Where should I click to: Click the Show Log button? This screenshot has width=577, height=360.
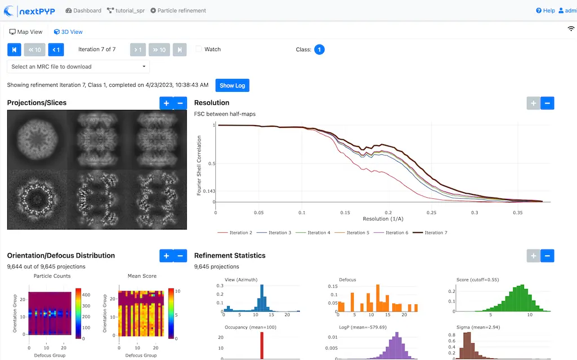coord(232,86)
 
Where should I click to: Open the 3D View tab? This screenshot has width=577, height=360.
coord(68,32)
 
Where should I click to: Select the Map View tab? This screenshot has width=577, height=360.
coord(26,32)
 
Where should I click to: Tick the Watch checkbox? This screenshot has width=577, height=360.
coord(198,49)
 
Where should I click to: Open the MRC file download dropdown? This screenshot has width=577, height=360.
coord(79,66)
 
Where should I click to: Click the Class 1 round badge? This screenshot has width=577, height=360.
coord(319,50)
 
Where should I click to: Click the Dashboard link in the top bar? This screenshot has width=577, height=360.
coord(83,11)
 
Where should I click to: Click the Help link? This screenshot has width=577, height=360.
coord(545,11)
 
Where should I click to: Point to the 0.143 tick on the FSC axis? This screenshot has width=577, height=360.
coord(209,191)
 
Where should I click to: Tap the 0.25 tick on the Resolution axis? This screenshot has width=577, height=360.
coord(431,212)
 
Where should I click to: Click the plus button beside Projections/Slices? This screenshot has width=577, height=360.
coord(166,103)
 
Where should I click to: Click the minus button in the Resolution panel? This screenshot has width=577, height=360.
coord(547,103)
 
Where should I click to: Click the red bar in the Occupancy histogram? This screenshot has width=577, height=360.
coord(261,345)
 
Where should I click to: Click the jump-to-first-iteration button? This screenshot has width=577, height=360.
coord(14,50)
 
